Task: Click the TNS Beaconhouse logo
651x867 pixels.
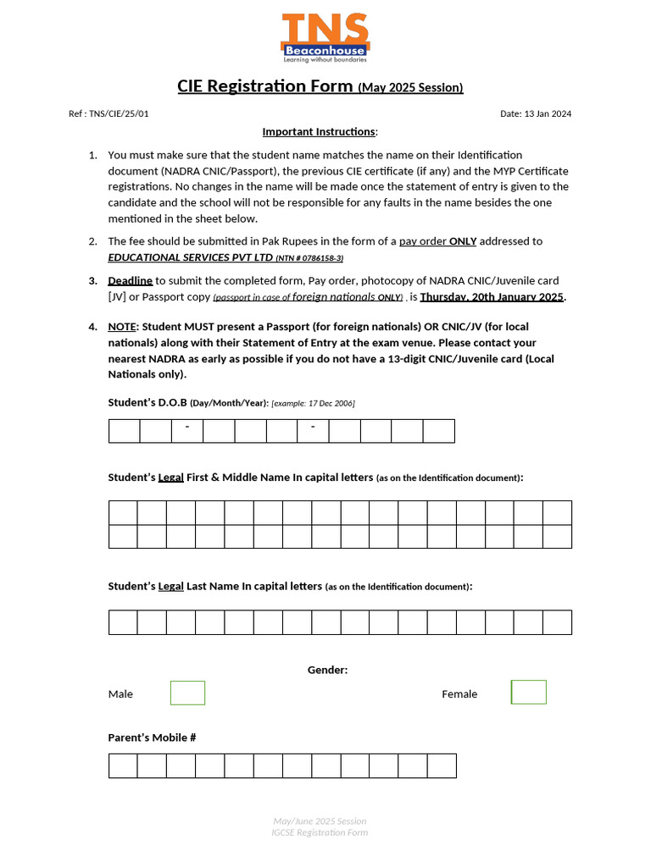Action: (x=325, y=38)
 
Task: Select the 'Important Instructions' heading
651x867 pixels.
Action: (x=319, y=131)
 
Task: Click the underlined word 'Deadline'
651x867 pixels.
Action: (x=130, y=280)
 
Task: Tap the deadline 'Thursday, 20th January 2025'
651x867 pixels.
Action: (x=492, y=296)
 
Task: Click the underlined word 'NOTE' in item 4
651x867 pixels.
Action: (x=121, y=326)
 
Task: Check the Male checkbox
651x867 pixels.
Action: (x=187, y=693)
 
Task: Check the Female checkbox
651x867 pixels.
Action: (x=529, y=693)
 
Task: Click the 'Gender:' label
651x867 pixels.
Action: (x=327, y=670)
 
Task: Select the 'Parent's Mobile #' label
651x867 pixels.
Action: (x=153, y=737)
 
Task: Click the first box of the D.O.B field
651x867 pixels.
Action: (x=124, y=431)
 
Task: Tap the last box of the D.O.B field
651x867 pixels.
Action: (x=439, y=431)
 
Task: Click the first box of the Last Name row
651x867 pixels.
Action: (x=123, y=622)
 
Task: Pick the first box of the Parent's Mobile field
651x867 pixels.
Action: (x=123, y=765)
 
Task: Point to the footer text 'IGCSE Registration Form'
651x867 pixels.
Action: (x=320, y=832)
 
